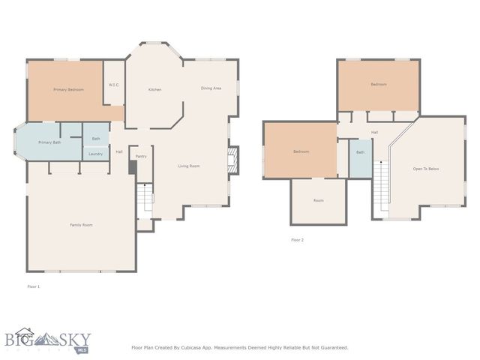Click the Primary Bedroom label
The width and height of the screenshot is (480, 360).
68,90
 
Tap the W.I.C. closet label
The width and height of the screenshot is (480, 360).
114,85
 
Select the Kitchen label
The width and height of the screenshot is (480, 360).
154,90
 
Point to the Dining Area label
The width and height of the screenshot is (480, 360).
211,88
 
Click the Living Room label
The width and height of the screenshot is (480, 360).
188,166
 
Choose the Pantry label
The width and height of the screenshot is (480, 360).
140,157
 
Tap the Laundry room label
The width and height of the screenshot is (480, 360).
95,154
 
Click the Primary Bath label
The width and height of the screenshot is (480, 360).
50,142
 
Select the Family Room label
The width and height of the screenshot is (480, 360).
81,225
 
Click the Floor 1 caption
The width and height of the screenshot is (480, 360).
33,286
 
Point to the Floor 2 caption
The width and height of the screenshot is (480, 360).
297,240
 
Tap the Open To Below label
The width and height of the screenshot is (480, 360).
426,169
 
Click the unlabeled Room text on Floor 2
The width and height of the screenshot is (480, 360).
319,201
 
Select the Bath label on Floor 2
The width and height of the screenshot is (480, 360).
360,152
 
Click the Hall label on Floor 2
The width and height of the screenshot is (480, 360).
374,133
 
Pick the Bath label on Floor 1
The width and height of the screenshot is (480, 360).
96,139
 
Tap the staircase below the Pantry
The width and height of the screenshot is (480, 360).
145,199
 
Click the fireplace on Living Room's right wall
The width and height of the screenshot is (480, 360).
233,159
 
